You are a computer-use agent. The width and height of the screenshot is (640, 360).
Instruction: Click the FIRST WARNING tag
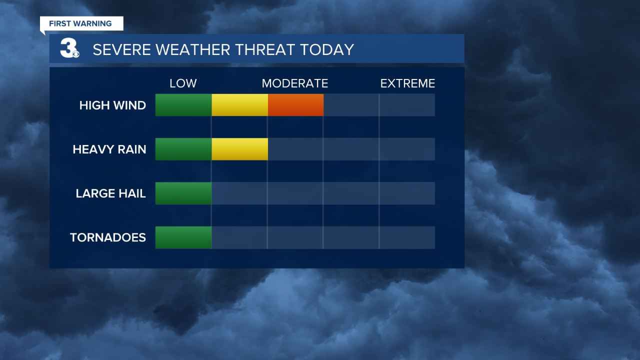(81, 23)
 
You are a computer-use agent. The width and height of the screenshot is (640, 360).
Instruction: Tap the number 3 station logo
(69, 49)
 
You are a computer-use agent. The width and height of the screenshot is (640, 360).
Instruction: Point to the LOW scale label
(183, 83)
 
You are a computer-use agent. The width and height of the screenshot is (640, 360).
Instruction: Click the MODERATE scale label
(295, 83)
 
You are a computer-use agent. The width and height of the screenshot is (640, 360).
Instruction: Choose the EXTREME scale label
(407, 83)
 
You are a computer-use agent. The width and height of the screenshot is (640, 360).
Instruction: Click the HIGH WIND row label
(112, 105)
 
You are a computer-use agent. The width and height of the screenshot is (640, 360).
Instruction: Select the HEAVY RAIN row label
(109, 149)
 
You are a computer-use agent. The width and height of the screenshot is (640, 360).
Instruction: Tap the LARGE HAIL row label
(110, 193)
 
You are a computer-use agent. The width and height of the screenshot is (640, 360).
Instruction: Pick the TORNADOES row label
(108, 237)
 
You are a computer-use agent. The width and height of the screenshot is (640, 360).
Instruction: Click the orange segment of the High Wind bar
(295, 105)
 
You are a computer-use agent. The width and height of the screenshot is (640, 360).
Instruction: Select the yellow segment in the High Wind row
(239, 105)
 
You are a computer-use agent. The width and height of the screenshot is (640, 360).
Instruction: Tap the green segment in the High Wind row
(183, 105)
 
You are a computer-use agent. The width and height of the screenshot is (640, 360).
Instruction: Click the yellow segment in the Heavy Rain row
(239, 149)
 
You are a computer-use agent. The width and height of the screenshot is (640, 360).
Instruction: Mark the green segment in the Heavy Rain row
(183, 149)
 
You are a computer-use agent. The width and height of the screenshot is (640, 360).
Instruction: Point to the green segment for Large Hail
(183, 193)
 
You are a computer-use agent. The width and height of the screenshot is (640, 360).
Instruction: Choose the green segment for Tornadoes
(183, 237)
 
